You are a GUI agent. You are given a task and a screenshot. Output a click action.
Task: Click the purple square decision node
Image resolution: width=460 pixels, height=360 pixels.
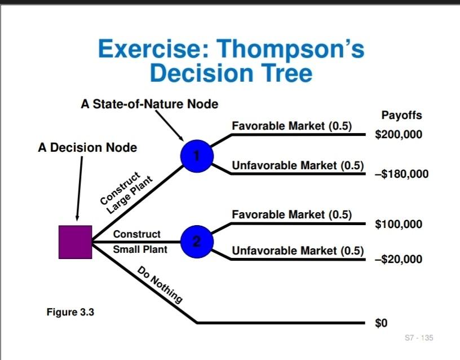[75, 242]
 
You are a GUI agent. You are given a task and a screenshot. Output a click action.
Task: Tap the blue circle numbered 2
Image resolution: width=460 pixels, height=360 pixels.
[196, 242]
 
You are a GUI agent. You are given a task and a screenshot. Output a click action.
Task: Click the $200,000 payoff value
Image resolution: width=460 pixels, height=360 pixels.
[398, 135]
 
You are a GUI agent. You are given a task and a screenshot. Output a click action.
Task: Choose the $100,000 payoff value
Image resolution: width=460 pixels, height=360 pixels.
[398, 225]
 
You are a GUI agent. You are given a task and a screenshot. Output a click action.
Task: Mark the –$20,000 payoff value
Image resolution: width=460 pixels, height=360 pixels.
[398, 260]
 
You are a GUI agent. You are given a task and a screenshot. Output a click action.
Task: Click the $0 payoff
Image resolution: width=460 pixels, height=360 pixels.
[382, 323]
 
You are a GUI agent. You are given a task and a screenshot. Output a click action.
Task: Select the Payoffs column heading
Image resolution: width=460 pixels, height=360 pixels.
[401, 116]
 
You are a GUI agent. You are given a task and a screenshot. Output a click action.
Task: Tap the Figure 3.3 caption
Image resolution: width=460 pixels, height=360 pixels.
[70, 312]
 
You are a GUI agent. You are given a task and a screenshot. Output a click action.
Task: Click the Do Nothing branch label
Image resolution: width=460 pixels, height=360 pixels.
[160, 286]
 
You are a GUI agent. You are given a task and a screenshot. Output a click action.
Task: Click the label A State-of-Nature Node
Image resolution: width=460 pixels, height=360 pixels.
[149, 104]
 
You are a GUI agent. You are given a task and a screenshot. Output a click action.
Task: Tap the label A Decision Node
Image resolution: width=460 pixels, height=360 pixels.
[87, 148]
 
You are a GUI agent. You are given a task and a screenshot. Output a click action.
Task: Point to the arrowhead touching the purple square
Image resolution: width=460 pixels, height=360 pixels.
[77, 219]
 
